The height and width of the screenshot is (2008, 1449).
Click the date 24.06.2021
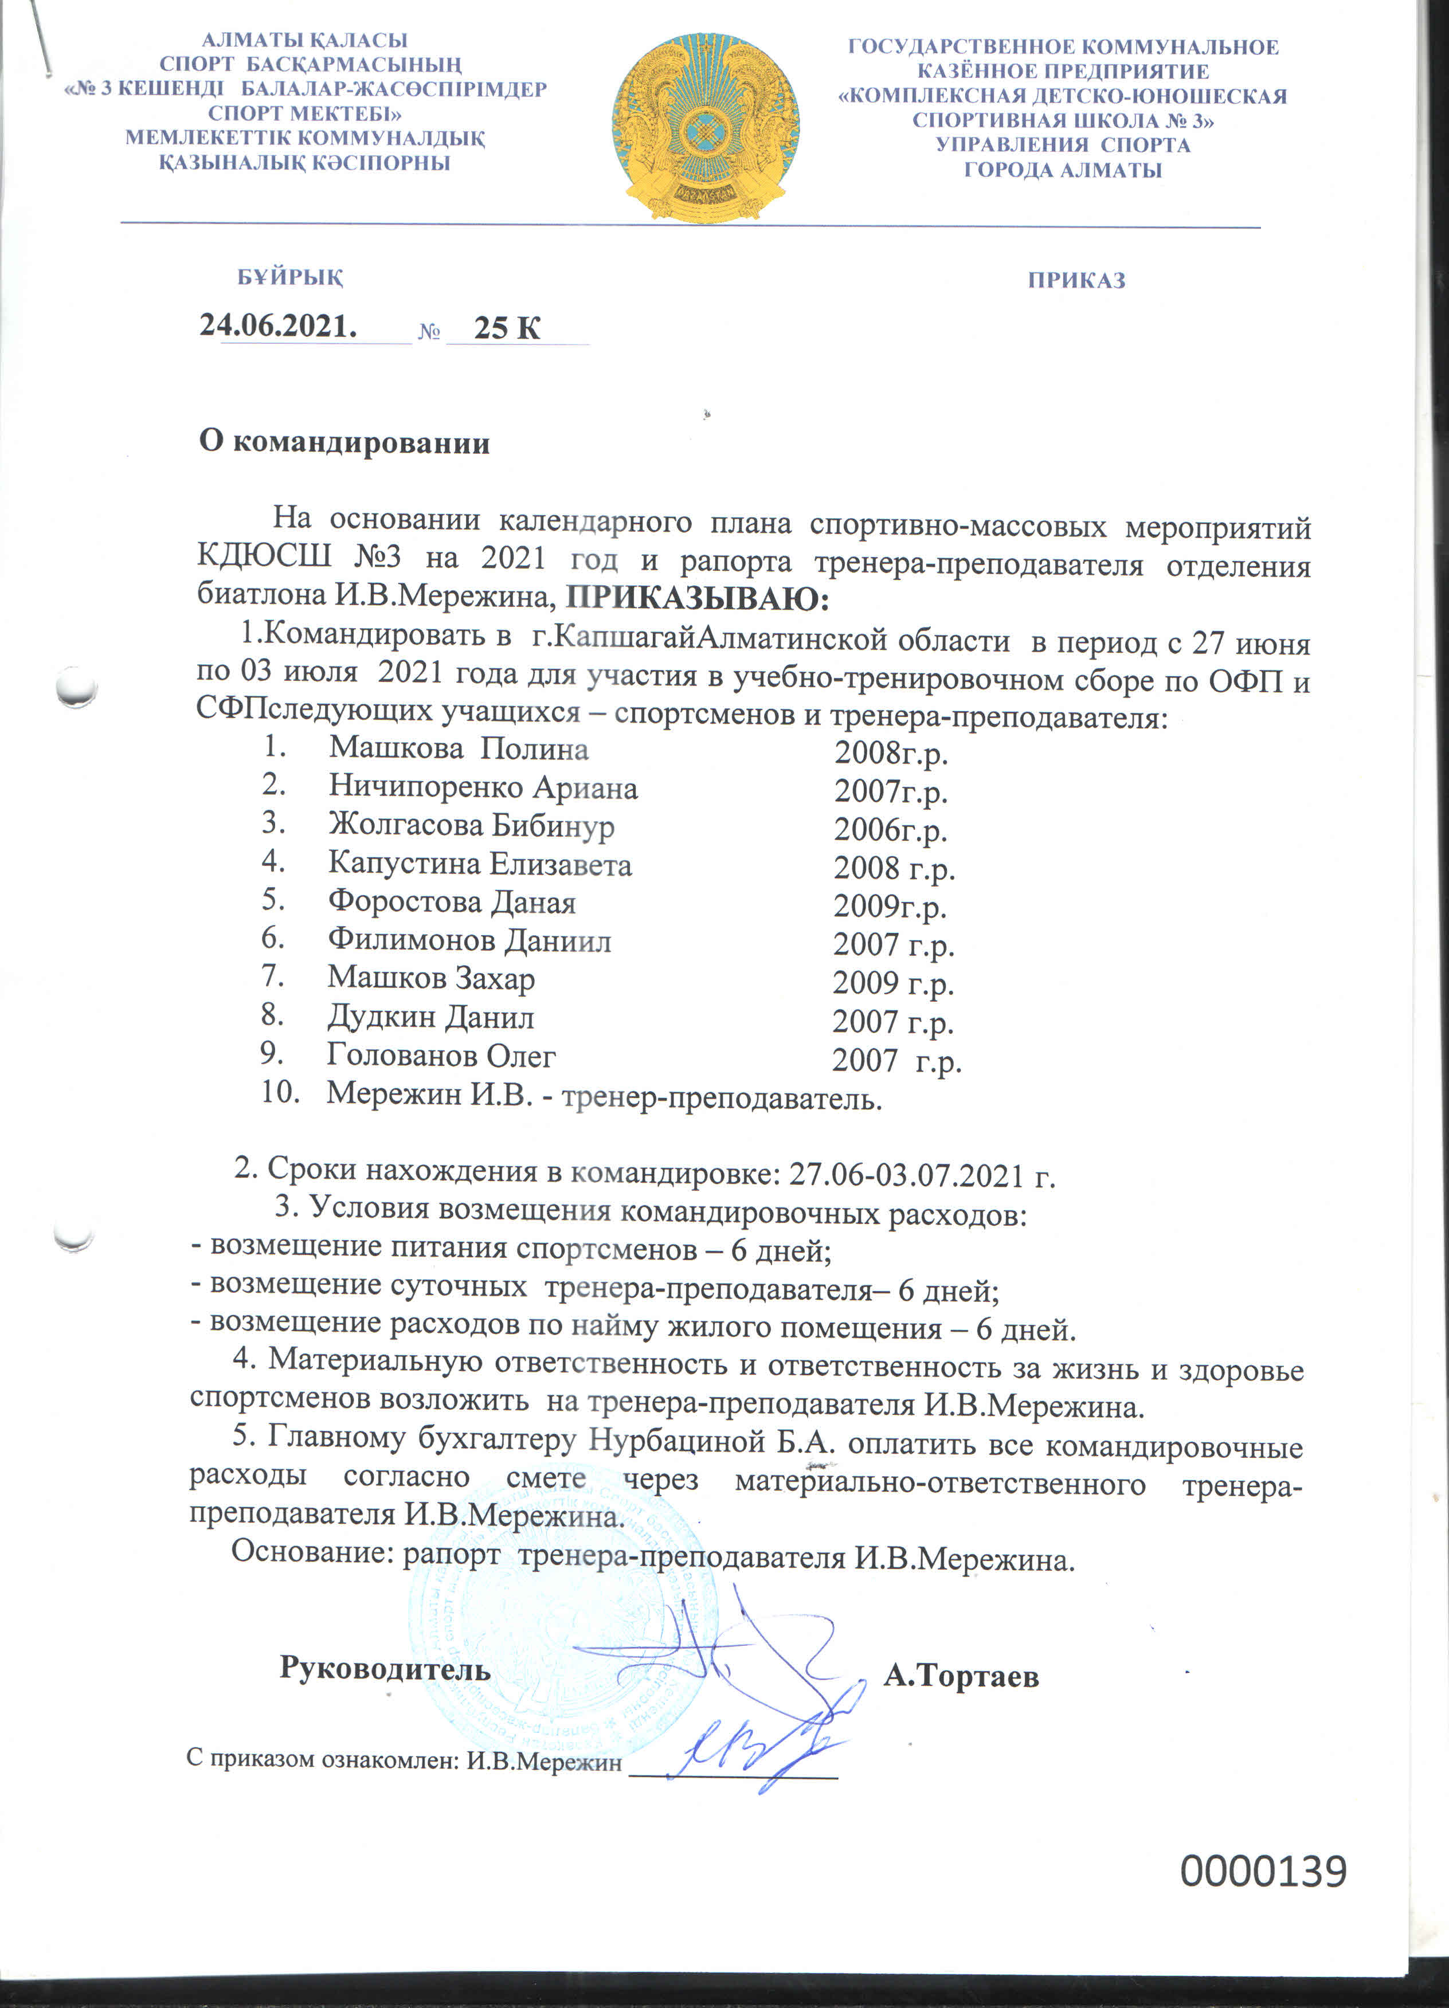click(278, 326)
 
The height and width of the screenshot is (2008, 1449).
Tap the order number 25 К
click(507, 328)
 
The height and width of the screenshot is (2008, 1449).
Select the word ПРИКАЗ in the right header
click(1076, 281)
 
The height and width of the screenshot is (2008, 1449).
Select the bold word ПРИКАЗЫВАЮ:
click(698, 599)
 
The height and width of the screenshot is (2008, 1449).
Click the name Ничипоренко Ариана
click(483, 787)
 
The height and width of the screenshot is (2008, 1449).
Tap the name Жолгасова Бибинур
click(471, 825)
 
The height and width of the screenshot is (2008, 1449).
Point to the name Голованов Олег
click(441, 1056)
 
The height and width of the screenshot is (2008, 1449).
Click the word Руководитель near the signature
click(385, 1668)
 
